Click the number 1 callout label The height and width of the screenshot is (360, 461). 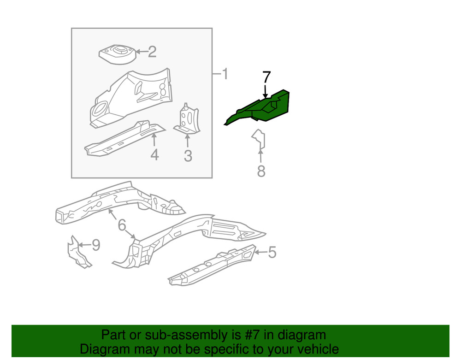pyautogui.click(x=225, y=74)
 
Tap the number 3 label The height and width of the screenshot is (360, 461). pyautogui.click(x=188, y=156)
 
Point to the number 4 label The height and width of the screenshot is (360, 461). pyautogui.click(x=154, y=155)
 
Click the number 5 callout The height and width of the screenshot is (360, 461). pyautogui.click(x=272, y=252)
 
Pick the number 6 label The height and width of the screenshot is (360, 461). pyautogui.click(x=122, y=225)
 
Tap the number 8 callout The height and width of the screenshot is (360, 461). pyautogui.click(x=261, y=171)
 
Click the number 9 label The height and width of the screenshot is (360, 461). pyautogui.click(x=95, y=245)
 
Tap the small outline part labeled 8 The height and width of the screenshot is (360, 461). pyautogui.click(x=259, y=140)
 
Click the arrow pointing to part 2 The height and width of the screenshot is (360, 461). pyautogui.click(x=140, y=52)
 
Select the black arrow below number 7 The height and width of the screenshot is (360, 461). pyautogui.click(x=266, y=90)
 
